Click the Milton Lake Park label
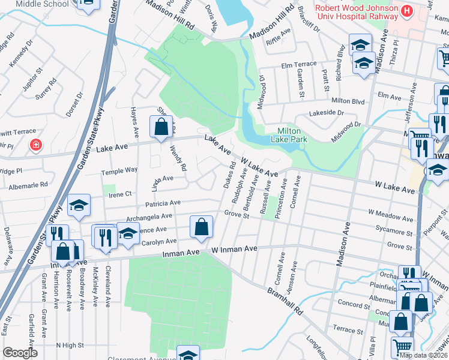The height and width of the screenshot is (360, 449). [292, 135]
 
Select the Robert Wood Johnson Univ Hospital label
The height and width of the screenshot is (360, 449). [357, 12]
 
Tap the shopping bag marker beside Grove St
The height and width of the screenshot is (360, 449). [201, 227]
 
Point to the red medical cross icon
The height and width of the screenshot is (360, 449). [36, 145]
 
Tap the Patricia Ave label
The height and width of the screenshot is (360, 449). [166, 203]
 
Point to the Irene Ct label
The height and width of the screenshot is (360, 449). [119, 194]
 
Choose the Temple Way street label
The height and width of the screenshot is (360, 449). [119, 170]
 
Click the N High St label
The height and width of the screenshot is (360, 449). [70, 345]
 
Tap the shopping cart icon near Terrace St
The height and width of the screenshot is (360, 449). [402, 346]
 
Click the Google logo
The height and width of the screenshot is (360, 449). [20, 353]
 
